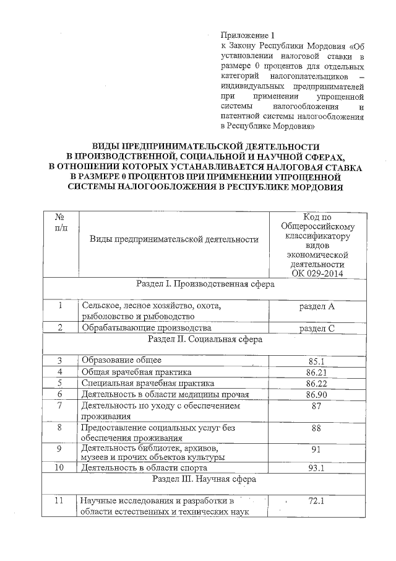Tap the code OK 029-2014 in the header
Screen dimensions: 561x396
point(317,273)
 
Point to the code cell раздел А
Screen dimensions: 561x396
point(317,306)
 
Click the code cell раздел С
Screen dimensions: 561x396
point(317,328)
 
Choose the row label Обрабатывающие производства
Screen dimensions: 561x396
point(147,328)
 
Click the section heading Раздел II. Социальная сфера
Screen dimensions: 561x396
point(205,340)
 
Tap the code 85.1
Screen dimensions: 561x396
point(317,361)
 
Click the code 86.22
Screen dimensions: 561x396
point(317,383)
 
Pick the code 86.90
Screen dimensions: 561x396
point(317,394)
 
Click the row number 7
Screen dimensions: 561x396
point(60,406)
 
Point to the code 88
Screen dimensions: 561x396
point(317,428)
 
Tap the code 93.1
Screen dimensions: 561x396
point(317,468)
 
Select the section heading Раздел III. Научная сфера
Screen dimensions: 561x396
point(205,479)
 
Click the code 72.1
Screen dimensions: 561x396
point(317,501)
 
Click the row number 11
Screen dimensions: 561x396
point(60,501)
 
